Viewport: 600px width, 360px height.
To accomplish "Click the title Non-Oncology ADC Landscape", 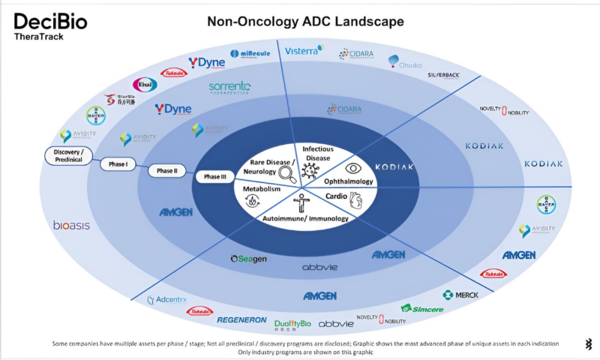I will [x=305, y=22].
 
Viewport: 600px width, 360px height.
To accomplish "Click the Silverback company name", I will [x=443, y=76].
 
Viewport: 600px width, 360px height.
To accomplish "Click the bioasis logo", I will [x=70, y=225].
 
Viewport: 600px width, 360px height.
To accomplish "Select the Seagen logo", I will [x=248, y=259].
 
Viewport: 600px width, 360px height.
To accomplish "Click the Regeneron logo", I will [x=241, y=320].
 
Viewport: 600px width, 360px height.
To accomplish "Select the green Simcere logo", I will [x=421, y=308].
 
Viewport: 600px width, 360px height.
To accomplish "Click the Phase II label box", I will [x=166, y=170].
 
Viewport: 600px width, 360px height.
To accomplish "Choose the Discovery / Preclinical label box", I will [x=73, y=155].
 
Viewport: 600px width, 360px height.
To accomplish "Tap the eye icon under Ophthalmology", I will [x=353, y=169].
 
